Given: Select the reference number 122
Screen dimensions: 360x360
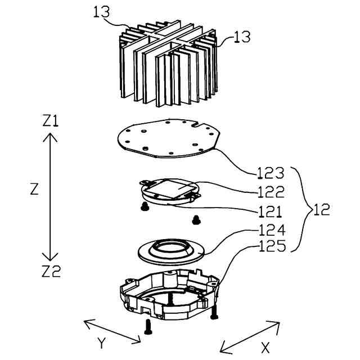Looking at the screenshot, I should point(273,192).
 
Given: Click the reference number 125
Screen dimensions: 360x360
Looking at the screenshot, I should point(273,246).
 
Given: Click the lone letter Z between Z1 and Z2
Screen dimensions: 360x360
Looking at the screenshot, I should point(34,190).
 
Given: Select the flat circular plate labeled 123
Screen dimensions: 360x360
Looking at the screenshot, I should point(169,137).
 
